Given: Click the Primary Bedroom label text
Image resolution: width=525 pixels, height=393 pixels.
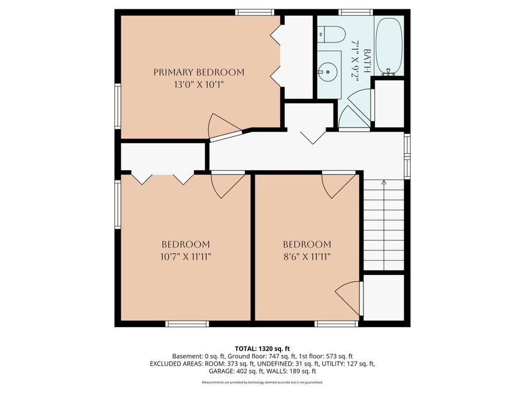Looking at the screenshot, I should [x=199, y=72].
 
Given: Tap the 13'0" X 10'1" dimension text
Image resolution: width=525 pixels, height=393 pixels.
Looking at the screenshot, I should [x=199, y=84].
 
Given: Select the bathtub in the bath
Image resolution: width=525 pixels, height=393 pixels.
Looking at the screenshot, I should [x=388, y=47].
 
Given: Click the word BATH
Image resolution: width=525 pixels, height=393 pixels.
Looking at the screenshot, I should [x=366, y=61].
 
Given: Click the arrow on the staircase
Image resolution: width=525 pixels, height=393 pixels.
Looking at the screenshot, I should [x=383, y=183].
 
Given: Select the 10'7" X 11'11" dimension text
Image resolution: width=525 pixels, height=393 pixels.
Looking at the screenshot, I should [x=185, y=256].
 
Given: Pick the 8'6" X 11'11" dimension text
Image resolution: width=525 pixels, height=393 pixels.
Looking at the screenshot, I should [x=307, y=256].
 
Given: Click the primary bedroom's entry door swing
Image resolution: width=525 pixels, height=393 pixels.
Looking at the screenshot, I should [x=222, y=125].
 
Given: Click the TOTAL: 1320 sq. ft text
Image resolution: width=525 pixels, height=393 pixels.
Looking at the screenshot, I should [x=262, y=347].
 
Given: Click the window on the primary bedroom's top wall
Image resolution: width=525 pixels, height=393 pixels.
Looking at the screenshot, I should [x=255, y=12].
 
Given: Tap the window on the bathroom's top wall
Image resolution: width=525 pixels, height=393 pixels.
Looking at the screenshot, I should [x=356, y=12].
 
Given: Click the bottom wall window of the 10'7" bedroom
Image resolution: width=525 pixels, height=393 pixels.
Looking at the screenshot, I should [x=187, y=324].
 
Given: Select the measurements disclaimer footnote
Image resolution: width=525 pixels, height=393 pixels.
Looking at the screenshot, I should [x=262, y=383].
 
